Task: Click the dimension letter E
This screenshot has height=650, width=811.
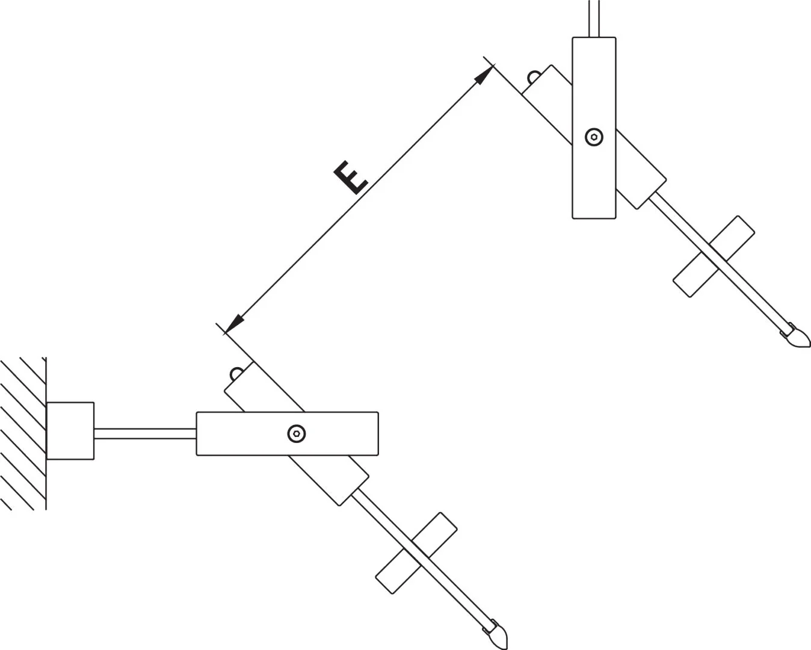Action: coord(351,178)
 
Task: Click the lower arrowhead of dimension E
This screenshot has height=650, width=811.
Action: coord(233,324)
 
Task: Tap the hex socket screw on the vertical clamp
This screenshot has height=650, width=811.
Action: coord(594,137)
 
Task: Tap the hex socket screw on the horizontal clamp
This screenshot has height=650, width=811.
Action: coord(297,433)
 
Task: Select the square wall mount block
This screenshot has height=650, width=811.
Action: coord(70,431)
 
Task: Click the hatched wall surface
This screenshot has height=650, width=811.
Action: coord(23,433)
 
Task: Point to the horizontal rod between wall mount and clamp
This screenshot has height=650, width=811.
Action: coord(145,433)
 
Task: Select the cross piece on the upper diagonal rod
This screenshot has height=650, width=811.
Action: coord(714,256)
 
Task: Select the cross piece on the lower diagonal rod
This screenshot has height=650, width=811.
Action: coord(416,553)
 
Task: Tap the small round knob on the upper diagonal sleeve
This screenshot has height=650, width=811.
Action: coord(533,77)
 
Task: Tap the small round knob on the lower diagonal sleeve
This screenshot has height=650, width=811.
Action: coord(236,373)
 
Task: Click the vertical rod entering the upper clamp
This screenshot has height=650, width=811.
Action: coord(594,19)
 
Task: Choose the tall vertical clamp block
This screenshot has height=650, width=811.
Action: coord(594,128)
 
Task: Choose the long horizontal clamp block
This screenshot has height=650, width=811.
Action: coord(287,433)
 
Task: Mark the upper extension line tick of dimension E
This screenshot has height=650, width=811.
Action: coord(489,62)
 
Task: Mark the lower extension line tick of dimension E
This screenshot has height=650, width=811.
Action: coord(221,329)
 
